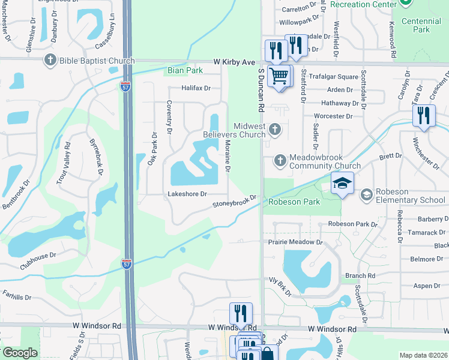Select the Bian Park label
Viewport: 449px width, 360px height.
(185, 70)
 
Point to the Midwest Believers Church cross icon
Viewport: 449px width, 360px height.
(275, 129)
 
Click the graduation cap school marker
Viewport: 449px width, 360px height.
(342, 183)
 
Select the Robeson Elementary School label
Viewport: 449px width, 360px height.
(411, 196)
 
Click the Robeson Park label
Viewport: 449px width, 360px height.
(294, 202)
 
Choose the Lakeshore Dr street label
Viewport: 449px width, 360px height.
(187, 194)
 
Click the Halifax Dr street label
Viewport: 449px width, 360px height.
(196, 88)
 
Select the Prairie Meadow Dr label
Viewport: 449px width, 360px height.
(295, 242)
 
